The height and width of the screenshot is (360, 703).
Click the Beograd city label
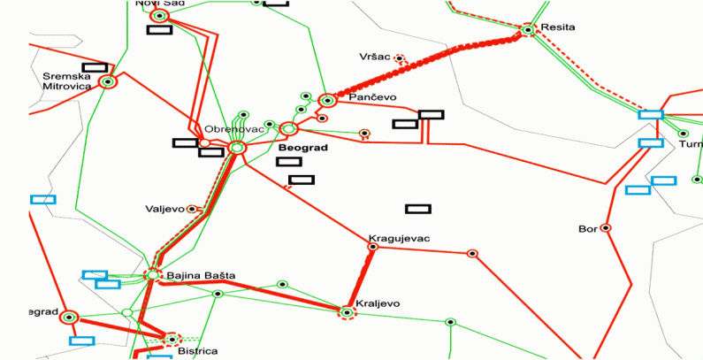click(302, 148)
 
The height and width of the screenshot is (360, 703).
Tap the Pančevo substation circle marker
click(327, 101)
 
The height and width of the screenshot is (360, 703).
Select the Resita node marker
click(528, 30)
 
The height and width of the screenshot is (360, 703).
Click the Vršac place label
click(375, 55)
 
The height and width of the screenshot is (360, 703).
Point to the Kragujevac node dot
click(372, 248)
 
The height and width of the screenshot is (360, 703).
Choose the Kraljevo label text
click(378, 303)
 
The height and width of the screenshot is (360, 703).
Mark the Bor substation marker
click(606, 228)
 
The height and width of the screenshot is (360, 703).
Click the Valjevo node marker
click(192, 210)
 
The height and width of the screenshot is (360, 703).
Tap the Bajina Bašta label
click(201, 276)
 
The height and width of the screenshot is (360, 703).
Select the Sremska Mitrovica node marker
click(108, 82)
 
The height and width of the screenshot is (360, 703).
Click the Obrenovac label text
click(228, 129)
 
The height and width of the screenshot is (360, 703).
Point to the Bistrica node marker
click(172, 338)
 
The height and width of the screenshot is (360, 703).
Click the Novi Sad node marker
click(159, 16)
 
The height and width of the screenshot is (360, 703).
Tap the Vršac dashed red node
click(399, 60)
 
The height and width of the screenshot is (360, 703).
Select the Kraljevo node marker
click(347, 312)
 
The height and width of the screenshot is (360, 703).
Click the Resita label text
click(559, 27)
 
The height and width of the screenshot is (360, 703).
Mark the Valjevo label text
click(164, 210)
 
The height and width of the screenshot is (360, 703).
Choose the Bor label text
click(588, 229)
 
